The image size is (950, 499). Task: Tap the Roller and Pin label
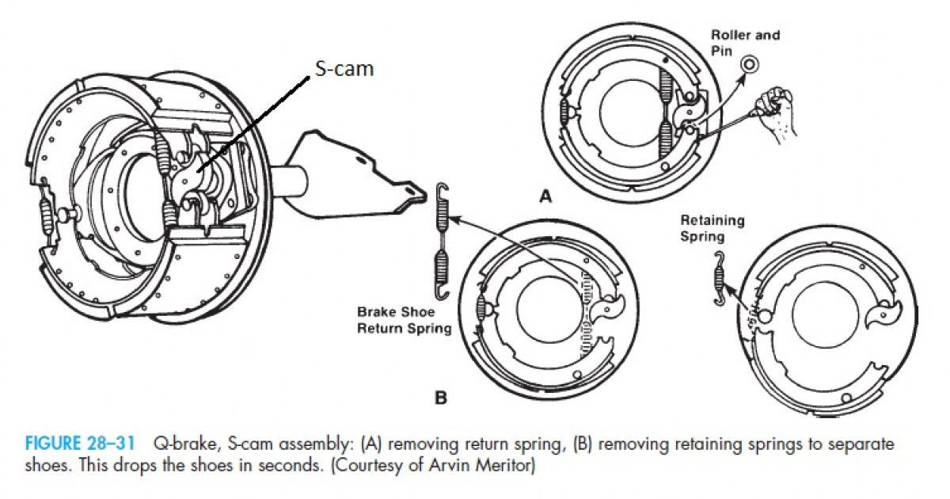point(733,43)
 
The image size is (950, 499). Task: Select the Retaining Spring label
point(712,228)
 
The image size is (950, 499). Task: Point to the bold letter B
point(440,398)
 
